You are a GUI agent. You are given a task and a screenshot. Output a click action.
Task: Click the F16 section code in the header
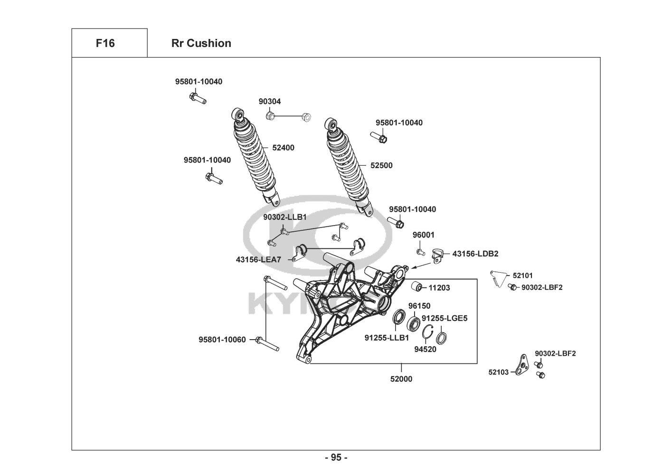(x=105, y=43)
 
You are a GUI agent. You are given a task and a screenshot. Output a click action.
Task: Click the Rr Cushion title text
(x=201, y=43)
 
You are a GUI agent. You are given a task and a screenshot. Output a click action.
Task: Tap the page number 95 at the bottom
(x=336, y=457)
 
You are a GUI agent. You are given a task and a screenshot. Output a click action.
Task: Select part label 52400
(x=283, y=148)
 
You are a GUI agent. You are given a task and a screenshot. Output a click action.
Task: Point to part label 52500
(x=381, y=166)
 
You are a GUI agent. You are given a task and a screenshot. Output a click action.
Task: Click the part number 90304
(x=269, y=102)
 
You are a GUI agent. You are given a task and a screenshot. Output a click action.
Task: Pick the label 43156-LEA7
(x=258, y=260)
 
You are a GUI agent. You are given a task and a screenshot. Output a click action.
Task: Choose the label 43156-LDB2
(x=475, y=254)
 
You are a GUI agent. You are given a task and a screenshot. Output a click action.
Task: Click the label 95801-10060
(x=222, y=340)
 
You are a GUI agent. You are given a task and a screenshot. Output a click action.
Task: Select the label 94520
(x=425, y=350)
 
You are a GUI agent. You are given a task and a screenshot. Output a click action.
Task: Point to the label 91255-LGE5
(x=445, y=318)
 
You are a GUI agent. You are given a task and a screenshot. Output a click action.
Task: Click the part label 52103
(x=498, y=372)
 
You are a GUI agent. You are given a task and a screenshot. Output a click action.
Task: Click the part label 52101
(x=522, y=275)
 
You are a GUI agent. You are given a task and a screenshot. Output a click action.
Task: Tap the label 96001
(x=423, y=235)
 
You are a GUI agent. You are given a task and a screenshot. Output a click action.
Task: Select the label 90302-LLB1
(x=285, y=217)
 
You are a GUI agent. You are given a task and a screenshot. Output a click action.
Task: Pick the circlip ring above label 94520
(x=428, y=334)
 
